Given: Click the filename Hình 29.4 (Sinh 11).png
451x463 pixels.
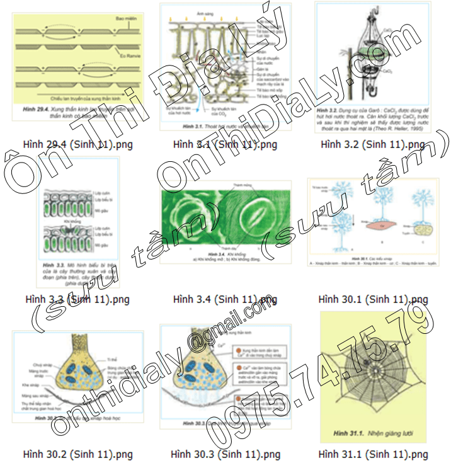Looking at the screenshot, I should [x=77, y=145].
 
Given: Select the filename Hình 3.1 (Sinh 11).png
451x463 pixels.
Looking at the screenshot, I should [x=225, y=145].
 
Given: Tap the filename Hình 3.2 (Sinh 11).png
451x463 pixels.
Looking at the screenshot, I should [x=372, y=145].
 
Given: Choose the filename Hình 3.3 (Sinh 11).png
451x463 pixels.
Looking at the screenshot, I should [x=77, y=299].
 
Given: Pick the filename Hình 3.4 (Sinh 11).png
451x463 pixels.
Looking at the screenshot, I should [x=225, y=299].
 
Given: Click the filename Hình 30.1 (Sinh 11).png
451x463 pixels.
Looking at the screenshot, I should [x=374, y=299].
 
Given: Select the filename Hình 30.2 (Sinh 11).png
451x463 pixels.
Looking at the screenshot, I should [x=77, y=454].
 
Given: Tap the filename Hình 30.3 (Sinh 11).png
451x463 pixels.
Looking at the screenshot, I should [x=225, y=454].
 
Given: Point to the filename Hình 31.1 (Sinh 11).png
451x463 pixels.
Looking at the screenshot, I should [x=374, y=454].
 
